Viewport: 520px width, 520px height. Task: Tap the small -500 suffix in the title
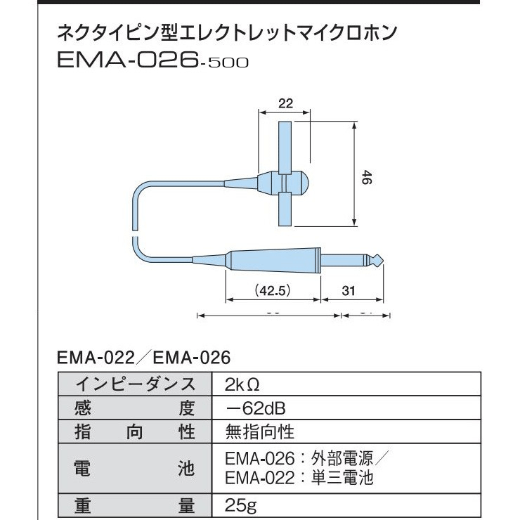[x=223, y=63]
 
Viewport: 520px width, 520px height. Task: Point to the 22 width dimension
[x=285, y=103]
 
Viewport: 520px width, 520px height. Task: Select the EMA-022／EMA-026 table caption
[x=143, y=358]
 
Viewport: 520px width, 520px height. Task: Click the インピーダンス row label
[x=135, y=384]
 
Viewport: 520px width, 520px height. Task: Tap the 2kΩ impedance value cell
[x=242, y=384]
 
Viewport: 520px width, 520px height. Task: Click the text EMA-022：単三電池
[x=299, y=479]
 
